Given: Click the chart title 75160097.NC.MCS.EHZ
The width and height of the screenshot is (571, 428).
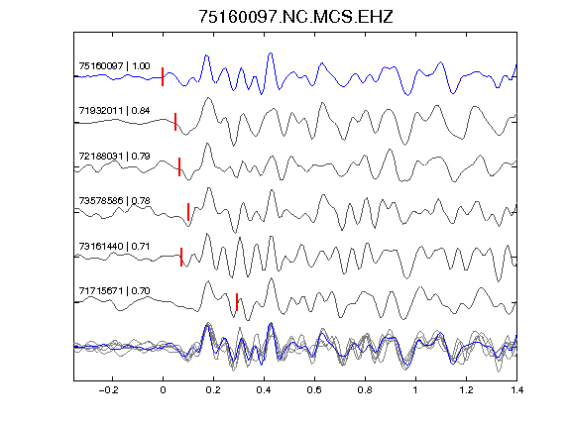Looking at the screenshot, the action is click(x=295, y=17).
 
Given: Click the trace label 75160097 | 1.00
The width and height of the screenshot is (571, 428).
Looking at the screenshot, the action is click(x=114, y=65).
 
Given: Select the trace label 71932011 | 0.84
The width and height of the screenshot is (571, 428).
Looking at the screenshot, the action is click(x=114, y=111).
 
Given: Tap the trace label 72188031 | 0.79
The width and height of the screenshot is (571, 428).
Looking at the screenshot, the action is click(x=114, y=157).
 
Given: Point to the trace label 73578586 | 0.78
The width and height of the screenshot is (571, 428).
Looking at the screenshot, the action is click(x=114, y=201).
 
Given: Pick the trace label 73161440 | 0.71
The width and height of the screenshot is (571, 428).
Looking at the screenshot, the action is click(x=114, y=247).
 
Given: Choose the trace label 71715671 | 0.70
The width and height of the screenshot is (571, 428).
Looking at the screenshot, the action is click(x=114, y=291).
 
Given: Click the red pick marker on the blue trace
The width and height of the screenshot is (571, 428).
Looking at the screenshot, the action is click(x=163, y=77).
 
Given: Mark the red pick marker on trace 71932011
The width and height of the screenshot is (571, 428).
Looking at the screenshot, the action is click(x=175, y=122).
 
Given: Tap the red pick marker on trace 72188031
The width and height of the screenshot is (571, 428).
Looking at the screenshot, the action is click(x=179, y=166).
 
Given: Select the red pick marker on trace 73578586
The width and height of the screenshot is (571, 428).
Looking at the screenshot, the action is click(x=188, y=212).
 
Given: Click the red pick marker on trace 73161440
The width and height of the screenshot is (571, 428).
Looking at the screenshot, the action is click(x=181, y=257).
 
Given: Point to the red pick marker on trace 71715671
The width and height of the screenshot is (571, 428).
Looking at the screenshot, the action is click(x=237, y=302).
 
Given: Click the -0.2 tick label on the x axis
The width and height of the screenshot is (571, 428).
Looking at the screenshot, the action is click(x=109, y=390).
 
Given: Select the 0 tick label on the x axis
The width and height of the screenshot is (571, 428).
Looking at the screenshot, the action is click(x=163, y=390).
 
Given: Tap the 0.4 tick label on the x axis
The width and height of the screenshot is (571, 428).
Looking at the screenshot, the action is click(x=264, y=390).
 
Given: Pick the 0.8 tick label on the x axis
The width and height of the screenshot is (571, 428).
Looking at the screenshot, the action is click(x=365, y=390).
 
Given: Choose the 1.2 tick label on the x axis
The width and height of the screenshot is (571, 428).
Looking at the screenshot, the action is click(x=466, y=390).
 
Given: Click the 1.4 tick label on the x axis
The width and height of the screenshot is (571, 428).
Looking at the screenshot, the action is click(x=516, y=390).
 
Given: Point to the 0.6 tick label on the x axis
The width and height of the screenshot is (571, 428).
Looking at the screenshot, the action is click(x=314, y=390).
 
